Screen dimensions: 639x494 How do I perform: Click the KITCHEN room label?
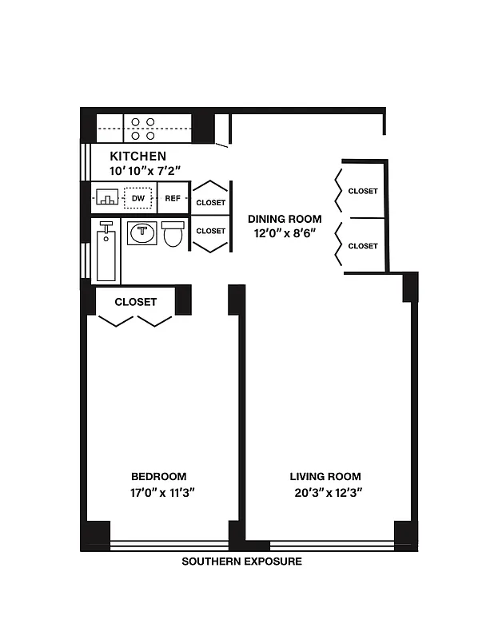(137, 157)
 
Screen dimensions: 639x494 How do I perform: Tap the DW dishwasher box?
(138, 198)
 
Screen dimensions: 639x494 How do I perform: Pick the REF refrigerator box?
(173, 198)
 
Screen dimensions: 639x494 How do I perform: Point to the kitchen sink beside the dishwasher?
(106, 198)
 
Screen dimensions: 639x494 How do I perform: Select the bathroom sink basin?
(141, 233)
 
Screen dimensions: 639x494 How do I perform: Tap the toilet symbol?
(172, 234)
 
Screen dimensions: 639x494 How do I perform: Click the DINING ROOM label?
(285, 219)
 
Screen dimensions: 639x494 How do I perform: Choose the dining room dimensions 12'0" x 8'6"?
(285, 234)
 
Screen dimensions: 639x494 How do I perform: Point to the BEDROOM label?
(159, 476)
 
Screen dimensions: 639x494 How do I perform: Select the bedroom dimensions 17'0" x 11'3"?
(159, 492)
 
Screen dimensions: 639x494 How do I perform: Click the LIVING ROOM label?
(325, 476)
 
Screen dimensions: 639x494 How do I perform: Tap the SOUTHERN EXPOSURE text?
(241, 562)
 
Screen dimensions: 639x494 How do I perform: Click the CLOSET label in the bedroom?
(135, 302)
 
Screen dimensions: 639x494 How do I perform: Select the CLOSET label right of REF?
(210, 203)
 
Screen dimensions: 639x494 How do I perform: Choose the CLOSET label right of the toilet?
(210, 231)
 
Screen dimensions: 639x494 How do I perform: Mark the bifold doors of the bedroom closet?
(135, 321)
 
